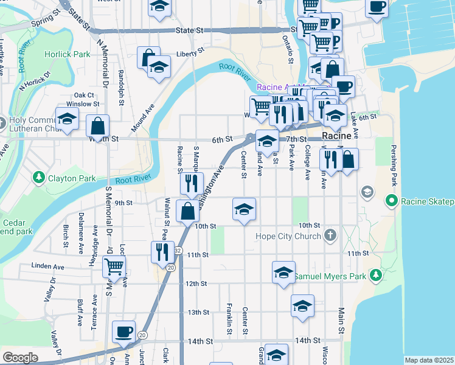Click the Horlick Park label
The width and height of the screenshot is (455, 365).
point(67,54)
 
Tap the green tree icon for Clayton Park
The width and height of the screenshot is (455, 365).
point(40,178)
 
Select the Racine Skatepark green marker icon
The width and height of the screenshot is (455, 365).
point(391,201)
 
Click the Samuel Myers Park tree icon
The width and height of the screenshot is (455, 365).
point(377,276)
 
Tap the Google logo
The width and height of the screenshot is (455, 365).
point(20,358)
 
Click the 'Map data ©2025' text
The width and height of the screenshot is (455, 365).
point(428,360)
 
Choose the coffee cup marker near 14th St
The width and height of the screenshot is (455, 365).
point(124,332)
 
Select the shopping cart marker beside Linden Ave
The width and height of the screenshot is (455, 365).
point(114,266)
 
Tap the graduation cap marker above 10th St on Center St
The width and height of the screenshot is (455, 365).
point(244,210)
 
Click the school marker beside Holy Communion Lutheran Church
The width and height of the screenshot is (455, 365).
point(67,119)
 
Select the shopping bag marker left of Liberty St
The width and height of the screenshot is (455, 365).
point(148,58)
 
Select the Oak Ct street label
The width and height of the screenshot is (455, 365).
point(84,95)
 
